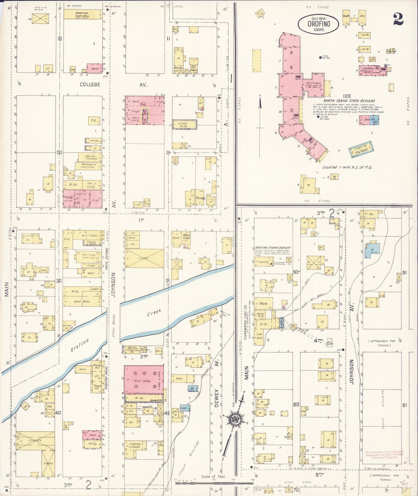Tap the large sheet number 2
coord(398,19)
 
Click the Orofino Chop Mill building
coord(83,14)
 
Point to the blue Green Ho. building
coord(360,150)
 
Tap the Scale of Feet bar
coord(214,483)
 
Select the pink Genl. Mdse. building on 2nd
coord(144,379)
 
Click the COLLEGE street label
coord(90,84)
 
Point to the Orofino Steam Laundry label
coord(273,248)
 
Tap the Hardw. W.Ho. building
coord(185,124)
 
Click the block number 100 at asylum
coord(346,96)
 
